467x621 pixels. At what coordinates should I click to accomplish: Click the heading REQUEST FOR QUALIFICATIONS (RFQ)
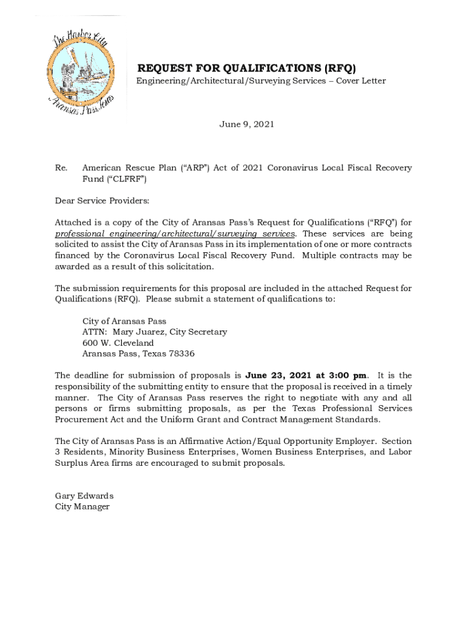[x=246, y=68]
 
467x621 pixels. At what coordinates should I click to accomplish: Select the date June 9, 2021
[x=246, y=124]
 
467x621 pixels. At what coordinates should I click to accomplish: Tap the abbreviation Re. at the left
[x=60, y=168]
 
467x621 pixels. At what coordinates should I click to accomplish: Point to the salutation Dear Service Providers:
[x=102, y=201]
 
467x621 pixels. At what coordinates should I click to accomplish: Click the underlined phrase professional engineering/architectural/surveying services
[x=175, y=233]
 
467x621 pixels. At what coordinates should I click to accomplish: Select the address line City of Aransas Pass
[x=124, y=321]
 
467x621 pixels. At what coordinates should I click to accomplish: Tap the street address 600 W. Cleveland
[x=118, y=343]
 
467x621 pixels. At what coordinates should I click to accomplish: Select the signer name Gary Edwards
[x=84, y=495]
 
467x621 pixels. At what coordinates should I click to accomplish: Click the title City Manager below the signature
[x=82, y=506]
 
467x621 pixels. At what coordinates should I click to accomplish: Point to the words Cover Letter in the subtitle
[x=361, y=81]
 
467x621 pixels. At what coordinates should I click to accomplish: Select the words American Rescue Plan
[x=125, y=168]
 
